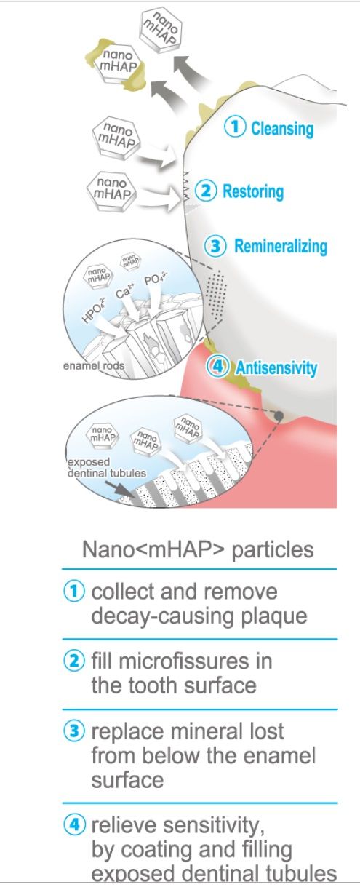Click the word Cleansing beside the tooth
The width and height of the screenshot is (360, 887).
[282, 128]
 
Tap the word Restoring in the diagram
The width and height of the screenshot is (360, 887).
[253, 191]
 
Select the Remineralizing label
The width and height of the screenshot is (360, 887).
[281, 246]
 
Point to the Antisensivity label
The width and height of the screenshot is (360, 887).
[276, 368]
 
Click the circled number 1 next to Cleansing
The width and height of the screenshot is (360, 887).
[235, 127]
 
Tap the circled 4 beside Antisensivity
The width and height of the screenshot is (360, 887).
[217, 367]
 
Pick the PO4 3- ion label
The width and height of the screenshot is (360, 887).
[156, 280]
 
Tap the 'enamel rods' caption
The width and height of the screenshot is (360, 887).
[94, 365]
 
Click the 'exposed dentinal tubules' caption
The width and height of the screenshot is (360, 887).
[107, 468]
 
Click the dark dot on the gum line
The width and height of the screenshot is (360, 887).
[279, 415]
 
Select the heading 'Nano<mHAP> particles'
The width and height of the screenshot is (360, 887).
[198, 549]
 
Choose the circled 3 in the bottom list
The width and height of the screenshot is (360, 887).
[74, 731]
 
